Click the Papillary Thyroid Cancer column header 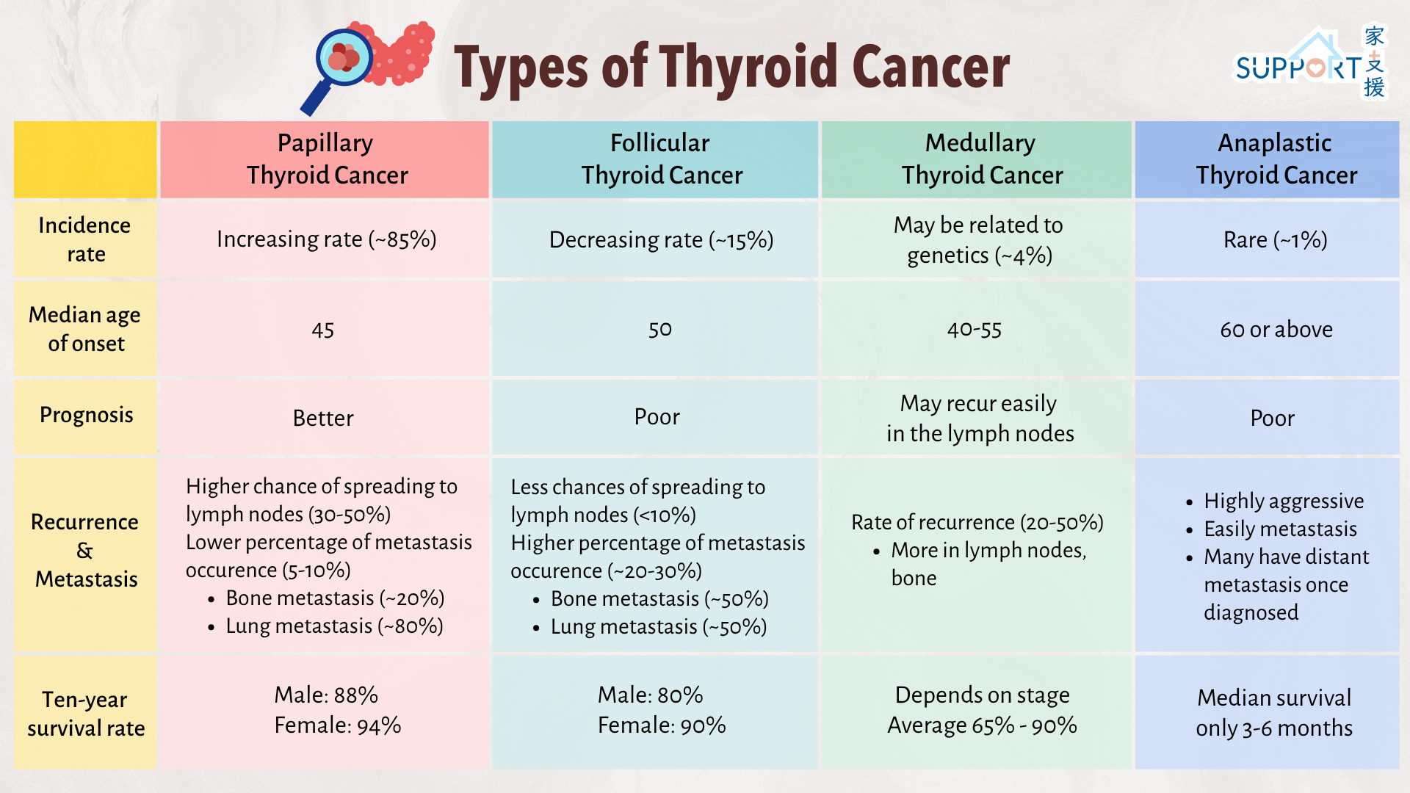325,159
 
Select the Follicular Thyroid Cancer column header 655,159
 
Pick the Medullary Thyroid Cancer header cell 977,159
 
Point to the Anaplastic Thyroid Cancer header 1267,159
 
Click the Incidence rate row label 85,239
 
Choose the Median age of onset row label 85,329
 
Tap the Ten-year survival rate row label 85,714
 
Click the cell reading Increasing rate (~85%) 326,239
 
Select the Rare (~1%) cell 1275,240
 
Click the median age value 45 323,330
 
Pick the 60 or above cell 1276,330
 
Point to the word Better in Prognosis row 323,418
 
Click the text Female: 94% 338,725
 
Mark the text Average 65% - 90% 982,725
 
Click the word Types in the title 521,68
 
